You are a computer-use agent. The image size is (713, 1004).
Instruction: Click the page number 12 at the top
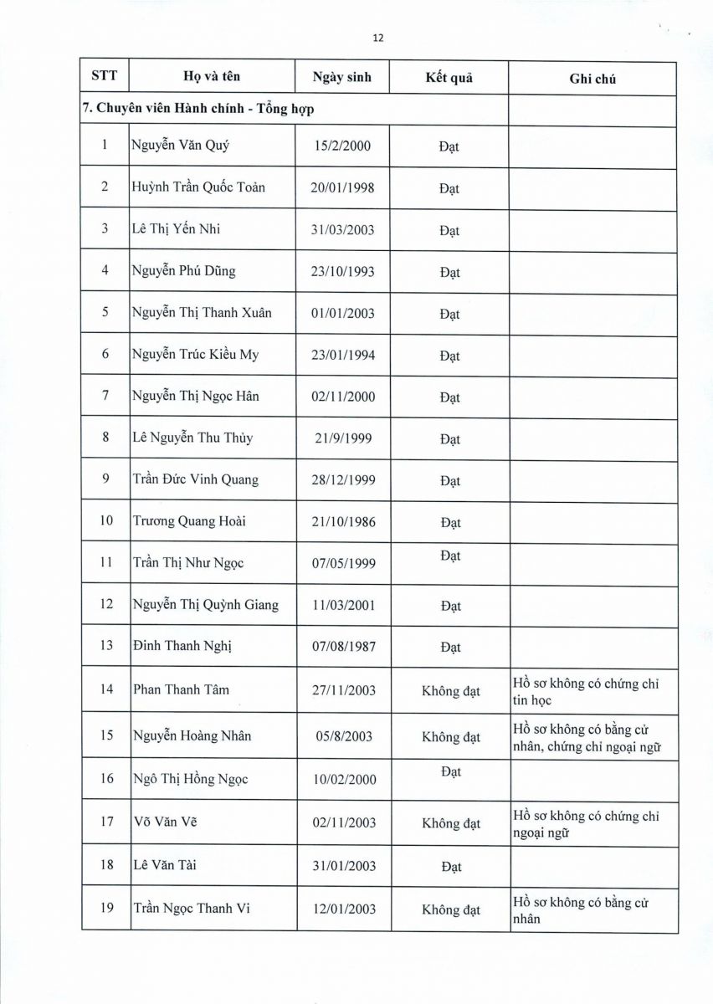click(377, 38)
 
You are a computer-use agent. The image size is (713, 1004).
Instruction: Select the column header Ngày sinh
click(341, 77)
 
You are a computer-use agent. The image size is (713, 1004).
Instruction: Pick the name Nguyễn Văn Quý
click(180, 146)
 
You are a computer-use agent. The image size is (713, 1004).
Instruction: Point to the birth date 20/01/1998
click(342, 187)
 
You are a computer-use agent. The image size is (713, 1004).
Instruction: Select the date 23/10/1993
click(342, 271)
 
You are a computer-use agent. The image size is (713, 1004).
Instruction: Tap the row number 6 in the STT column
click(105, 354)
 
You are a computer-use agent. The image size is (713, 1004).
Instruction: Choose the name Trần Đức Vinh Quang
click(196, 479)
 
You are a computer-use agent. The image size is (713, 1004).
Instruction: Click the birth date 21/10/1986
click(342, 521)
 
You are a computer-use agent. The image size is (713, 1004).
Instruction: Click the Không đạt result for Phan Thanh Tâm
click(451, 691)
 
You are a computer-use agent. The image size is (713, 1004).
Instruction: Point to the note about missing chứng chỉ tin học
click(586, 692)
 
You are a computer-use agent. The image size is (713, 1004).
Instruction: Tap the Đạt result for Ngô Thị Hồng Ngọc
click(450, 772)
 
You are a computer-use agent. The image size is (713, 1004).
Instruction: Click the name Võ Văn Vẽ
click(165, 822)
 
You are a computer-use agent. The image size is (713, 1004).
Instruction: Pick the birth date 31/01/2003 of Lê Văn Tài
click(342, 866)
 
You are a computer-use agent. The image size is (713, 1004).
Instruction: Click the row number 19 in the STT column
click(106, 909)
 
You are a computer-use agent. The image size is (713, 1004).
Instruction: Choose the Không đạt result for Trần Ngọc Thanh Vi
click(451, 910)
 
